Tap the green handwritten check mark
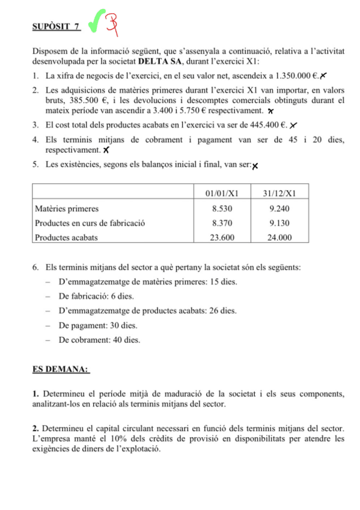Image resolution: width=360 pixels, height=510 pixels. point(95,23)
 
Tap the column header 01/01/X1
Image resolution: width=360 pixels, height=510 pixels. point(222,193)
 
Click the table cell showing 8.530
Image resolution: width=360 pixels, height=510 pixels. point(222,209)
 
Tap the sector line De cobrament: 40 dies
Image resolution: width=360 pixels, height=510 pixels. point(99,340)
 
